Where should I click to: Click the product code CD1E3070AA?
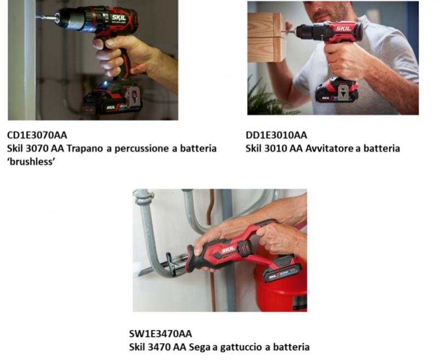[x=37, y=135]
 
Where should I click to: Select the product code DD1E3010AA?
[x=276, y=135]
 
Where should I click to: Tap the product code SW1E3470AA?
[x=160, y=334]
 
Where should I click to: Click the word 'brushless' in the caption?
[x=31, y=161]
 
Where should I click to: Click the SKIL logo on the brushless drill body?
[x=119, y=18]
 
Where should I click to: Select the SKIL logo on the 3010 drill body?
[x=343, y=28]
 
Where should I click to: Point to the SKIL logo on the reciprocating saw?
[x=228, y=250]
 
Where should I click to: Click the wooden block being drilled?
[x=266, y=37]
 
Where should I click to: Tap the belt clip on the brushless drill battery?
[x=132, y=97]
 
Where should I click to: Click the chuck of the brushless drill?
[x=70, y=19]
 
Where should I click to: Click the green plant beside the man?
[x=266, y=98]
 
